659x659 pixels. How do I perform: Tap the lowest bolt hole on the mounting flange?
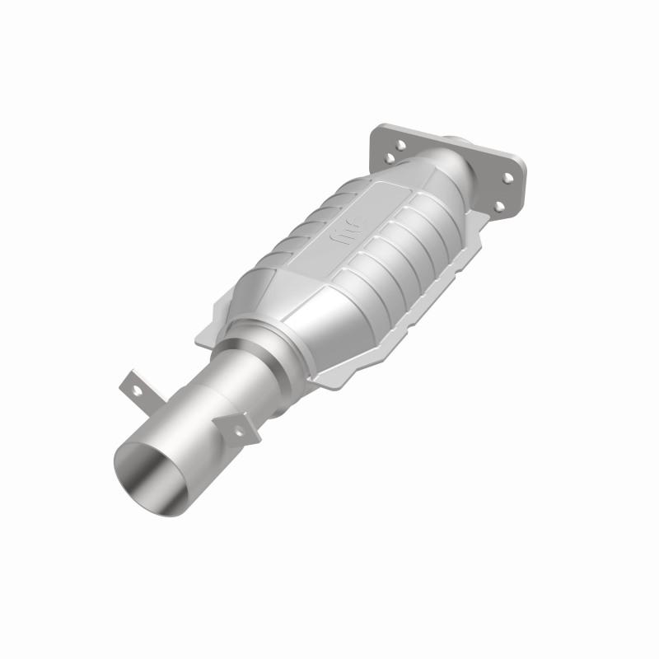tap(498, 206)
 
